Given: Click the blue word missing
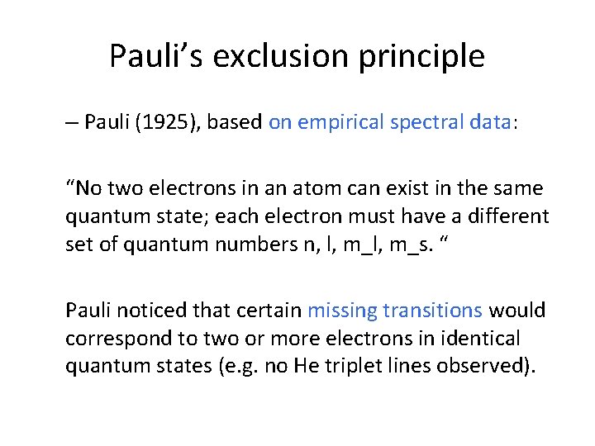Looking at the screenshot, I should pos(342,311).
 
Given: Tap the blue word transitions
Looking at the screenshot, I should pos(433,311).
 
